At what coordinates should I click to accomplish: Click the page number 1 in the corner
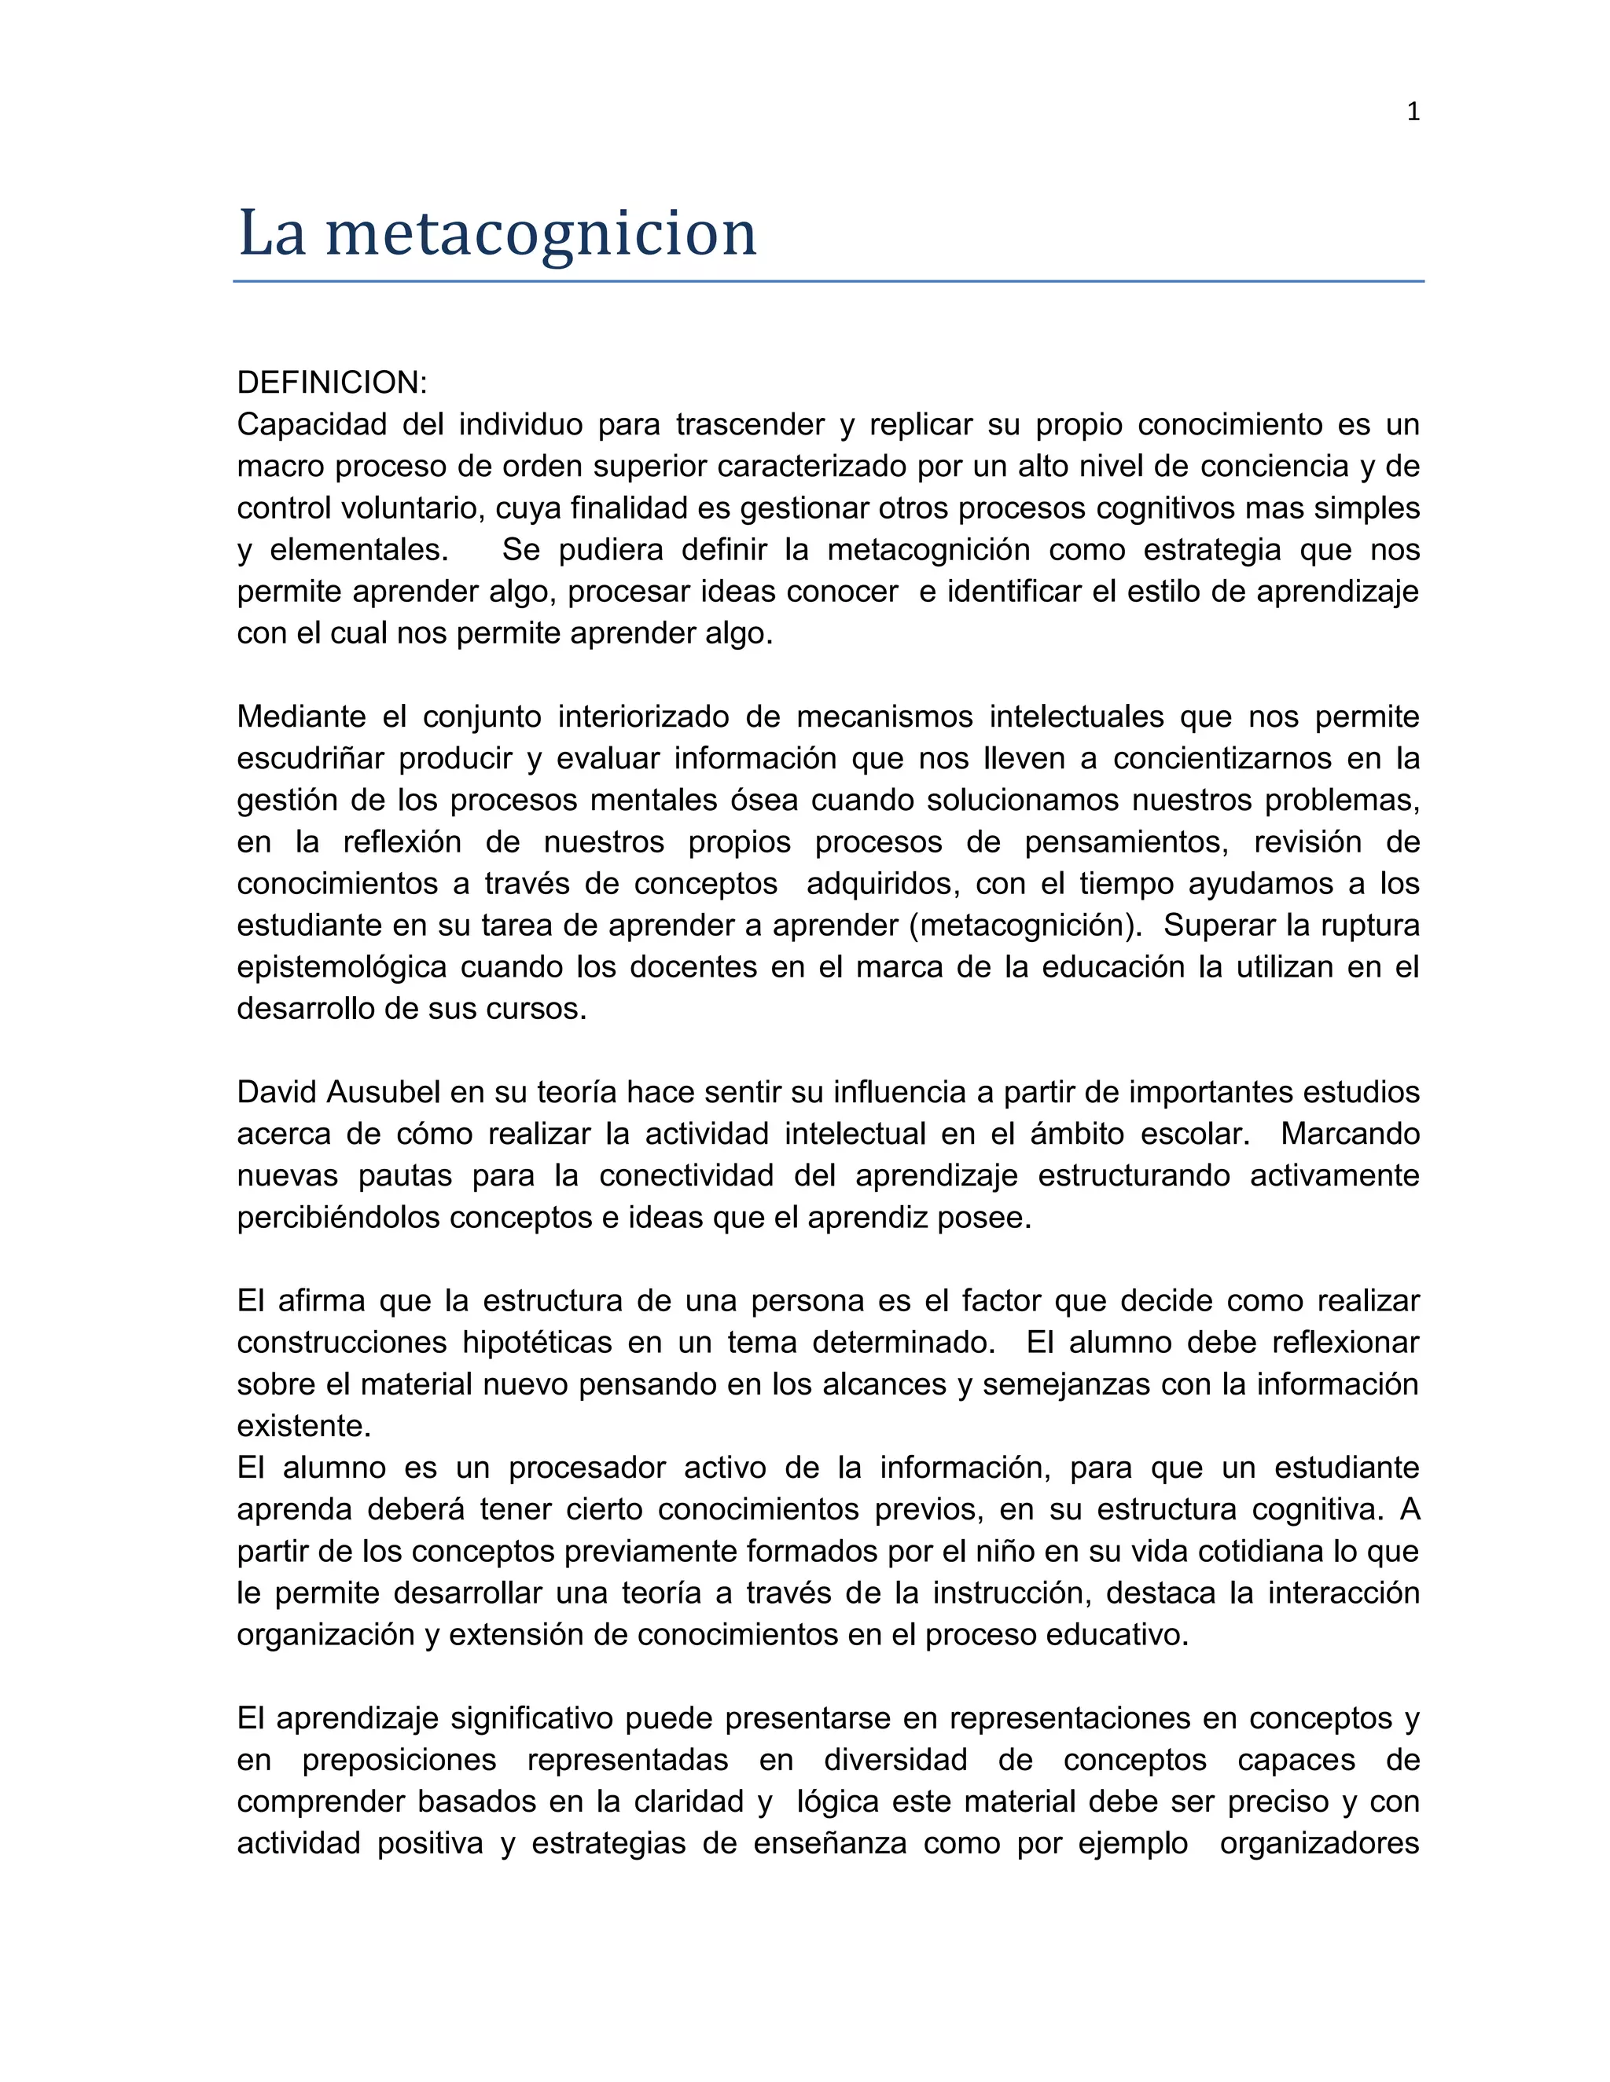(x=1413, y=112)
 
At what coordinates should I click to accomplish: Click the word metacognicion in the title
(x=541, y=233)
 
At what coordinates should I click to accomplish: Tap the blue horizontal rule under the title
(x=828, y=281)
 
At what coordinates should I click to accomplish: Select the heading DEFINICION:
(x=332, y=383)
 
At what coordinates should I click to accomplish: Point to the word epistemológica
(x=341, y=968)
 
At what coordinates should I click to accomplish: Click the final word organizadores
(x=1319, y=1844)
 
